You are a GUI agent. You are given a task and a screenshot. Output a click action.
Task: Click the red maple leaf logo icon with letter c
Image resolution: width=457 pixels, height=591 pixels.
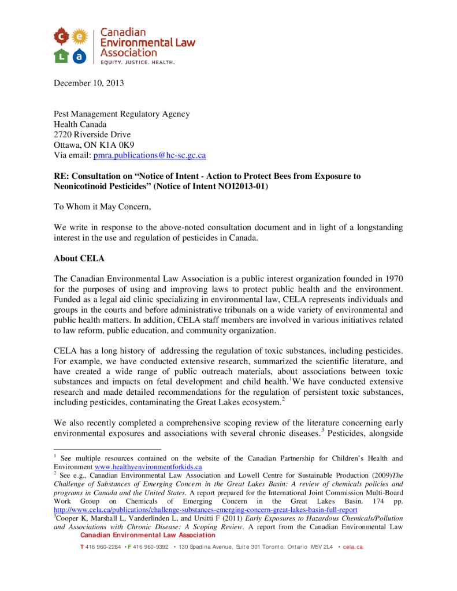point(62,37)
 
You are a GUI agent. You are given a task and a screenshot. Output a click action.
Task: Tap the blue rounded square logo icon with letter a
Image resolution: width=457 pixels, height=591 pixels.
point(80,56)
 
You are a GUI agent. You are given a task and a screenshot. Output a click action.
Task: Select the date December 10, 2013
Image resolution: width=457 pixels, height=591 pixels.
point(89,84)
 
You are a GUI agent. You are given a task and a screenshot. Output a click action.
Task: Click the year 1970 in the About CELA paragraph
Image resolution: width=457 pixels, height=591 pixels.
point(384,279)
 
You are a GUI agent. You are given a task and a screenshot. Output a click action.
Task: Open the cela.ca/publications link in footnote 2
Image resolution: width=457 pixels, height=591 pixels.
point(205,510)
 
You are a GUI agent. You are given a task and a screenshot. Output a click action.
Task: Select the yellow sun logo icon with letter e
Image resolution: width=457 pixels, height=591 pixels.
point(80,37)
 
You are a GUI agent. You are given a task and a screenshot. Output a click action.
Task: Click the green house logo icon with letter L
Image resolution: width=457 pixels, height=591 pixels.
point(62,56)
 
